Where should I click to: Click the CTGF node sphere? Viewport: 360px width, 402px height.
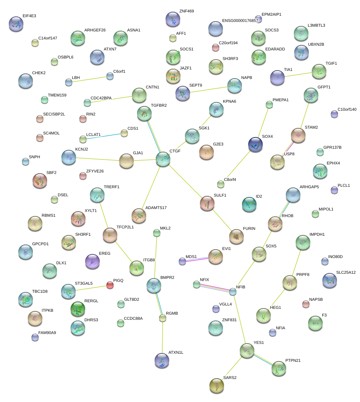(163, 159)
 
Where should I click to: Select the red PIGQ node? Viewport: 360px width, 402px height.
(110, 285)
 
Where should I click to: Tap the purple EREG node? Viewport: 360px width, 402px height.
(92, 261)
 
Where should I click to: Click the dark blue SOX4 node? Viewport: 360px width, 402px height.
(255, 144)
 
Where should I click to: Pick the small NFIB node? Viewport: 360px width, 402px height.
(232, 291)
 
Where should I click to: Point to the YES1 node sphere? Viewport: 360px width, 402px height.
(247, 350)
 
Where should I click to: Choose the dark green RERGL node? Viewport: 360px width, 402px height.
(77, 309)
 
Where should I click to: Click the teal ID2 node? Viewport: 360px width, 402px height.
(249, 204)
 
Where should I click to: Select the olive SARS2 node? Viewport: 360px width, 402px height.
(217, 385)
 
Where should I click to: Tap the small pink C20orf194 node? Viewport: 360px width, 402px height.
(215, 47)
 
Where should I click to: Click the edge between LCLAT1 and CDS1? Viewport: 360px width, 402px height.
(103, 136)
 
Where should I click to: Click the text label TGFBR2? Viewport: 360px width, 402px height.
(159, 105)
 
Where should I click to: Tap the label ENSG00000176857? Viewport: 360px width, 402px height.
(240, 21)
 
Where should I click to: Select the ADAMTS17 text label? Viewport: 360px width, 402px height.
(156, 208)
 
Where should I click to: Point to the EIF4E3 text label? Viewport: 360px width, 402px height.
(29, 16)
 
